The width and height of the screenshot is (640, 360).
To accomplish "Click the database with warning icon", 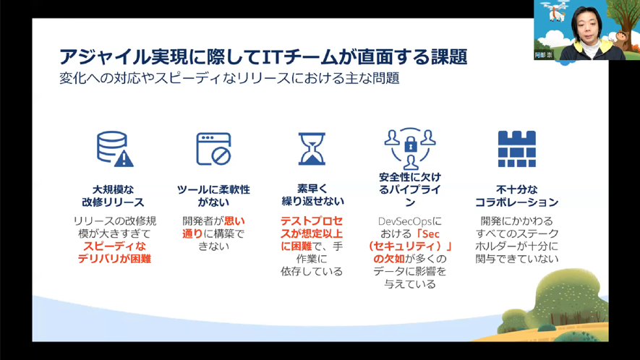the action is click(115, 149).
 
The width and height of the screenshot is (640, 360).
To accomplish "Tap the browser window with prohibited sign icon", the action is click(213, 149).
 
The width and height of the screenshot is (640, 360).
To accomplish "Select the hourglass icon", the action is click(312, 149).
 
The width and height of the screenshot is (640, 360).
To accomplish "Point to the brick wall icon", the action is click(517, 149).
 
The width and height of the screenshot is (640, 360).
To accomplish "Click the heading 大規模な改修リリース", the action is click(113, 196).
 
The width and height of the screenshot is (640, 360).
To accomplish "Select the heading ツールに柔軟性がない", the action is click(213, 196).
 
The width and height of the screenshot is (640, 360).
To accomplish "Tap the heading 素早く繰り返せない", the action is click(312, 194).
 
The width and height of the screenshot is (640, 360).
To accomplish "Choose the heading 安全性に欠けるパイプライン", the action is click(410, 189).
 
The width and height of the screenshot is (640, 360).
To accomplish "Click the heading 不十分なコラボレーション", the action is click(517, 196).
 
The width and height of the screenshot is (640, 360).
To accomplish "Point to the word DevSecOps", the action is click(405, 222).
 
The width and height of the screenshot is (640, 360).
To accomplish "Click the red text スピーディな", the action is click(115, 246).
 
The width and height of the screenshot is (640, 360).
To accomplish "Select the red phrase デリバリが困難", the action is click(115, 259).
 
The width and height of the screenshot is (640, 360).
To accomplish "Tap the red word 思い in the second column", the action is click(235, 220).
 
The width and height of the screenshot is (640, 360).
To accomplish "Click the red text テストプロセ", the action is click(312, 220).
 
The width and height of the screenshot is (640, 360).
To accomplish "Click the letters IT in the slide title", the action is click(272, 56).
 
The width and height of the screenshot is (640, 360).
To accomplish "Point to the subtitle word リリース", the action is click(263, 78).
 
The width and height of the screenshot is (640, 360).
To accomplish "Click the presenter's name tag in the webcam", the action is click(544, 55).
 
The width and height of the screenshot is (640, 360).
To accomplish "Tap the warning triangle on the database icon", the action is click(124, 159).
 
